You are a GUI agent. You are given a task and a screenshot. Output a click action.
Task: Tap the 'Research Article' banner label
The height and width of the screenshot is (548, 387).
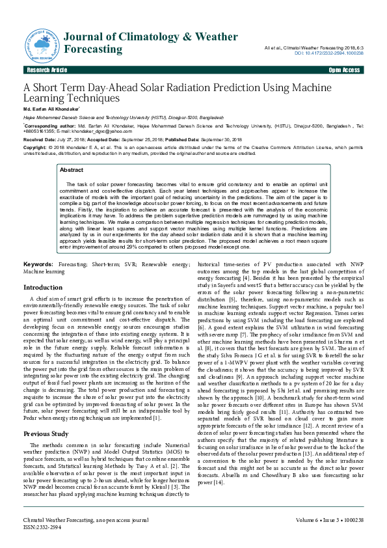46,70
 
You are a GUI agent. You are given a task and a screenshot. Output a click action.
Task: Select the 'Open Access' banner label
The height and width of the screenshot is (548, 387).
344,70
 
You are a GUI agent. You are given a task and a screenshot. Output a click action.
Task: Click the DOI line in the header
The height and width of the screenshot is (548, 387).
332,53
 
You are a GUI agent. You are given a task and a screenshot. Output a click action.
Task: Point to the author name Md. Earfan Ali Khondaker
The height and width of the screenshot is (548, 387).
52,109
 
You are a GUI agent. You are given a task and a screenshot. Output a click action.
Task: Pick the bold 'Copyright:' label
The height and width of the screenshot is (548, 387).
38,148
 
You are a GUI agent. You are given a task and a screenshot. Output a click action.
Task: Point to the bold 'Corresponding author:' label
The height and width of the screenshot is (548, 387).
50,125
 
